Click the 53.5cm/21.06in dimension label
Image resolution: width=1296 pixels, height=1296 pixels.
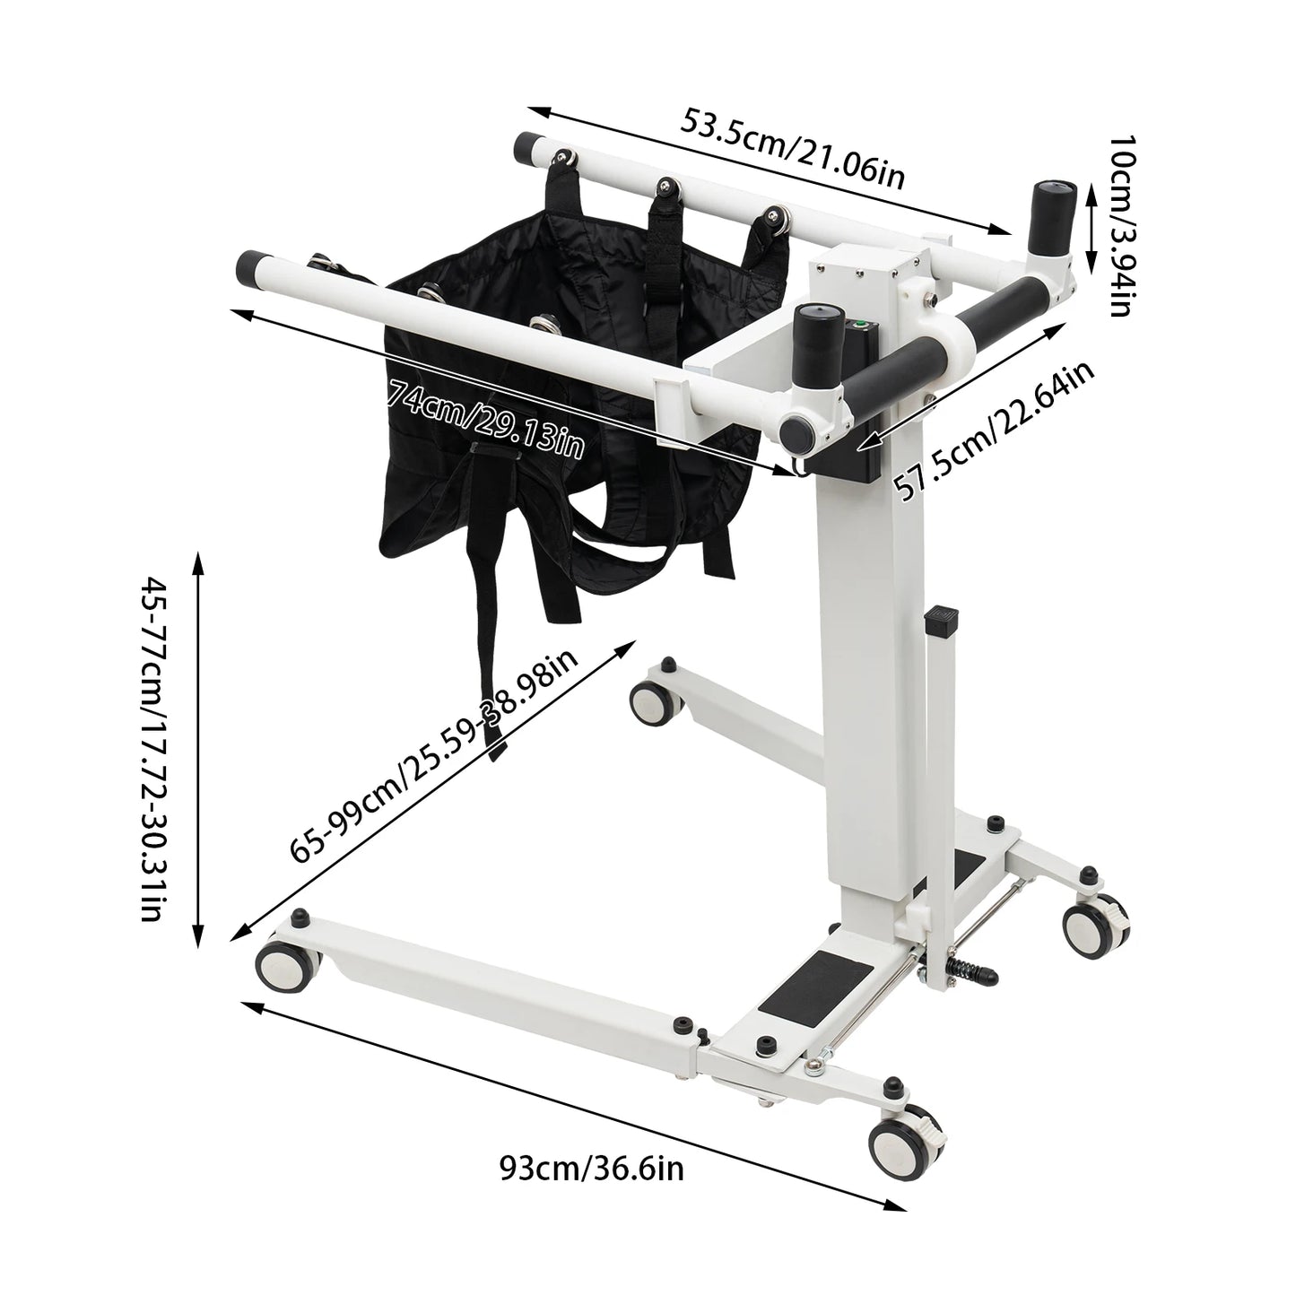793,148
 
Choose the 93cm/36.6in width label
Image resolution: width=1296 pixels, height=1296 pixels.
592,1169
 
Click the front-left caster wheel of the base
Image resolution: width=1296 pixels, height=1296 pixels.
285,967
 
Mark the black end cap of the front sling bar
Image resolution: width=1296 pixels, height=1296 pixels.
248,266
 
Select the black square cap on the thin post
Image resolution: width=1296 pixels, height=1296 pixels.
942,617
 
